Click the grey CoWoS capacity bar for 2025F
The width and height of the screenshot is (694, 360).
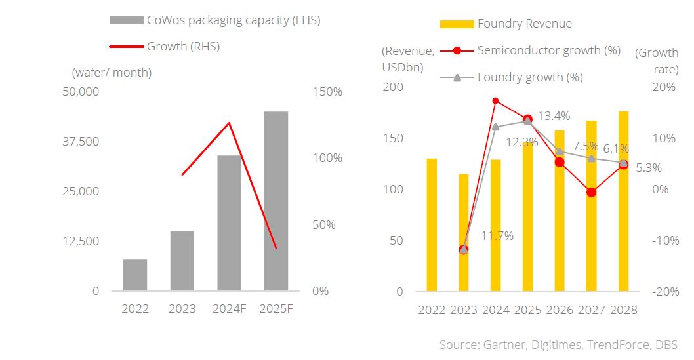(276, 201)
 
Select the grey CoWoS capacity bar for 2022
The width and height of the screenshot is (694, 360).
(135, 275)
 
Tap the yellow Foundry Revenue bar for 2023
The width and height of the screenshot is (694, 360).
(463, 232)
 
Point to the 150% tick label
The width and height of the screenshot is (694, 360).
(325, 92)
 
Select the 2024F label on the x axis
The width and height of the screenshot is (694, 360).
(229, 309)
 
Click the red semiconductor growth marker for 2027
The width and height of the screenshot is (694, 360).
(592, 192)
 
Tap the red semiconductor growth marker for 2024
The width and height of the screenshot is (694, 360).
(495, 100)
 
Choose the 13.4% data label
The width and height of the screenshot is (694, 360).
(554, 116)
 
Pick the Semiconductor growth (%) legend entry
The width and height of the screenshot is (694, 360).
(548, 50)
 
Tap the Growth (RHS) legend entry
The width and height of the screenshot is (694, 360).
(183, 47)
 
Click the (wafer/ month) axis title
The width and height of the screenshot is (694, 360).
(112, 72)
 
